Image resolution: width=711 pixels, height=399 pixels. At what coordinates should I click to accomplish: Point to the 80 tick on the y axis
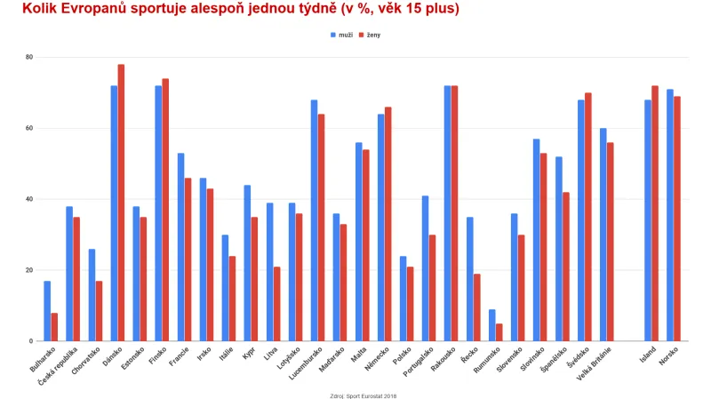[x=28, y=57]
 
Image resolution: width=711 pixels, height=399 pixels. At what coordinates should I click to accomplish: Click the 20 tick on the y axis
[x=28, y=270]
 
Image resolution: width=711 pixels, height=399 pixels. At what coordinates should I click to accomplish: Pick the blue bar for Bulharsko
[x=47, y=311]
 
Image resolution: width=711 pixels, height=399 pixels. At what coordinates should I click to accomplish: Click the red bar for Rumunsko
[x=499, y=332]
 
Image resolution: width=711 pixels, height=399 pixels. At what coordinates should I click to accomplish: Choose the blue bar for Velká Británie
[x=603, y=235]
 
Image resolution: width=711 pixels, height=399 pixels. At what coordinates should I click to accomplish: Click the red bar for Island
[x=655, y=213]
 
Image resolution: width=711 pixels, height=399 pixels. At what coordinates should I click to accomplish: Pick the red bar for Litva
[x=277, y=304]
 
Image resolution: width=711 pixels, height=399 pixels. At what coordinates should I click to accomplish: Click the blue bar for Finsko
[x=158, y=213]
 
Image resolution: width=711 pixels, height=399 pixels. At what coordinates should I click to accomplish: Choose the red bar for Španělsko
[x=566, y=267]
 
